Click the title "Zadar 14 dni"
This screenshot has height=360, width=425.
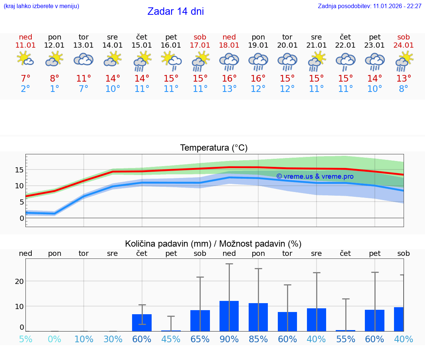[x=176, y=11]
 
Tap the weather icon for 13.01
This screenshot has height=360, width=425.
[x=83, y=59]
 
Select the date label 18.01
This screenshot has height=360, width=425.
[x=229, y=45]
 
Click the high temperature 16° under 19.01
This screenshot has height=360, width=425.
[x=258, y=79]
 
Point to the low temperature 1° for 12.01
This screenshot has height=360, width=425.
[x=55, y=89]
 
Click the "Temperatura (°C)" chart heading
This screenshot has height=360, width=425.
[x=214, y=148]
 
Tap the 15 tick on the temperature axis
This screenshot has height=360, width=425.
[x=19, y=170]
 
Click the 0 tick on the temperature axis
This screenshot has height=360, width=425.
[x=22, y=218]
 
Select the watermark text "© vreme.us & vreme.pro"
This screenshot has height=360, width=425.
[x=315, y=176]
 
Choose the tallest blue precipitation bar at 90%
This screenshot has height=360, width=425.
[x=229, y=316]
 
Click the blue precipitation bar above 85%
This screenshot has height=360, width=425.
[x=258, y=317]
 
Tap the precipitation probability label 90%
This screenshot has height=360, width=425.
[x=229, y=339]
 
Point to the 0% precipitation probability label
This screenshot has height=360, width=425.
[x=55, y=339]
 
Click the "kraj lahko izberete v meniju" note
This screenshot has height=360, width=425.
[x=41, y=6]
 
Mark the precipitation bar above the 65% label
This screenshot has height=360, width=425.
[x=200, y=320]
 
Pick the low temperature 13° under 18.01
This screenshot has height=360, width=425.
[x=229, y=89]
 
